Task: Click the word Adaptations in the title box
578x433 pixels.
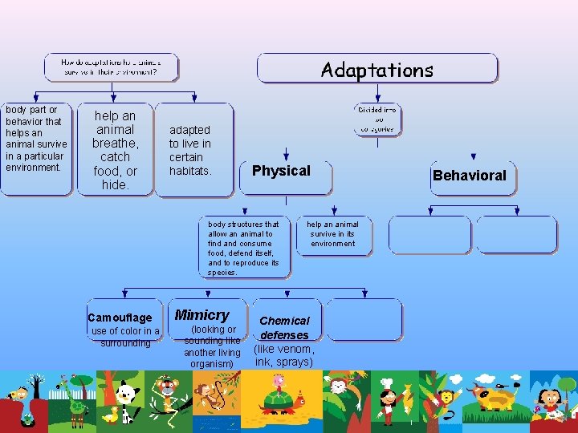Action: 377,70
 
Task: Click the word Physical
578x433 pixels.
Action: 281,170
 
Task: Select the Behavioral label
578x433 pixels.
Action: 470,175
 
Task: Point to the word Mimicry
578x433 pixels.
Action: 202,315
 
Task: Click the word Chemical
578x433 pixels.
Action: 284,321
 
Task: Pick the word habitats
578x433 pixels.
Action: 190,171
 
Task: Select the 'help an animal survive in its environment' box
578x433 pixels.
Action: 332,234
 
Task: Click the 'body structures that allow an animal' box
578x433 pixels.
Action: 243,248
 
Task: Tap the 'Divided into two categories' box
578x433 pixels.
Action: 377,119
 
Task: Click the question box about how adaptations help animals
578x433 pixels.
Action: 111,67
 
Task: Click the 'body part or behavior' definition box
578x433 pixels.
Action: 36,148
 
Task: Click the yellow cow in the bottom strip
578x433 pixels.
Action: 490,395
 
